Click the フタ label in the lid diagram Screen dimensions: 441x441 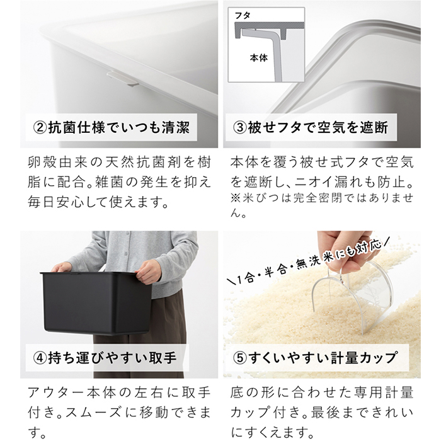243,13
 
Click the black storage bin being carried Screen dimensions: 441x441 94,302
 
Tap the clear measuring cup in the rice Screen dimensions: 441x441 353,296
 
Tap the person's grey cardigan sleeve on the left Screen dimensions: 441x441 69,252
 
